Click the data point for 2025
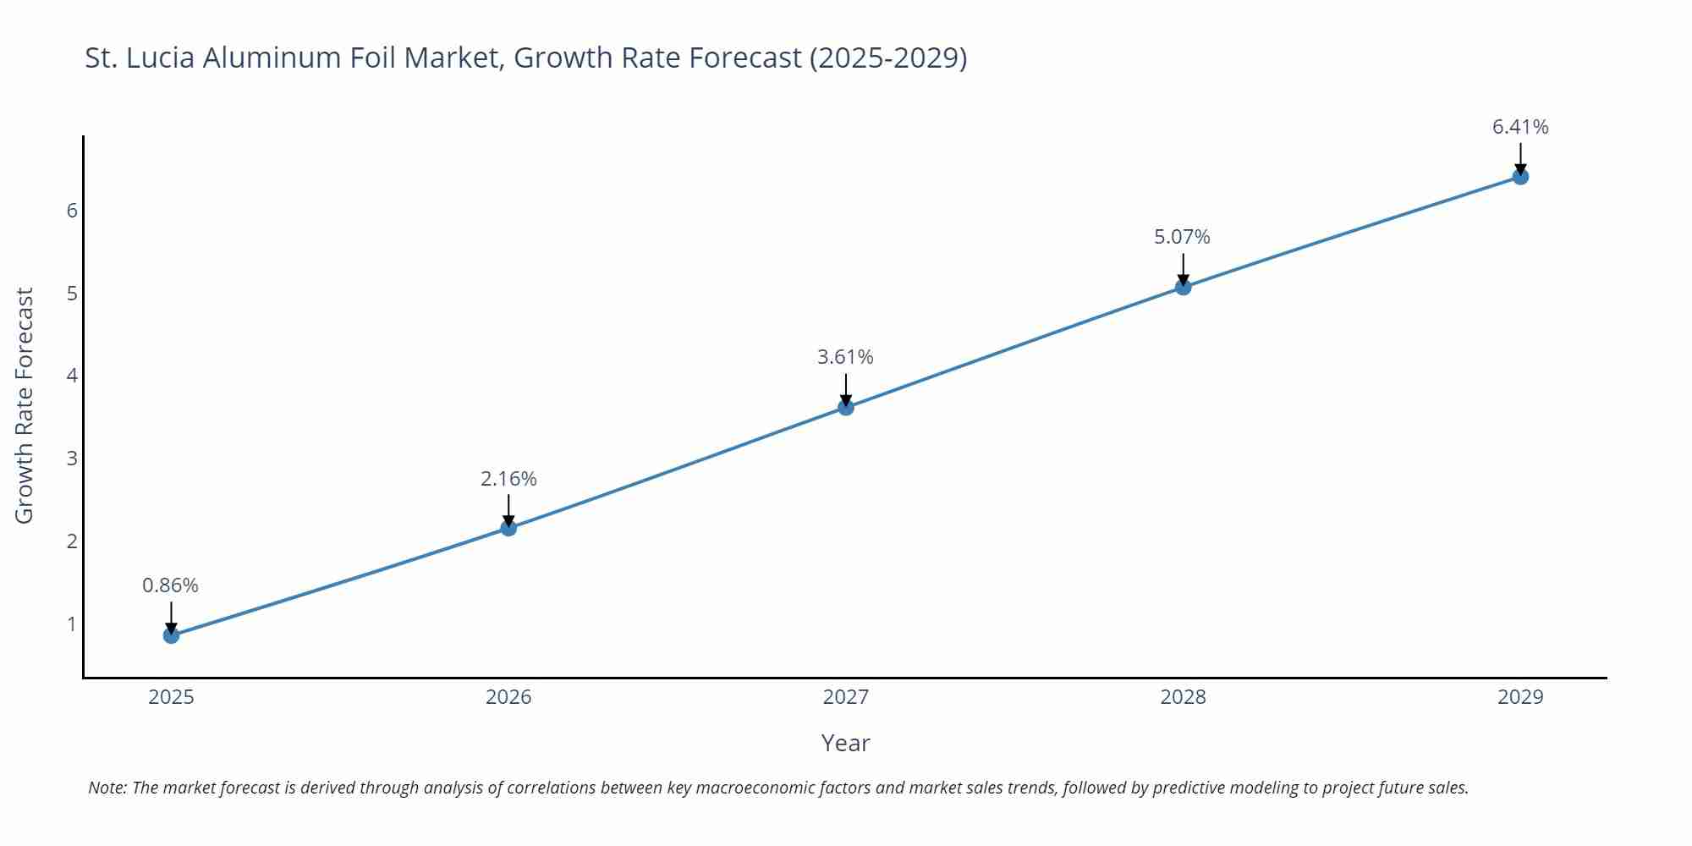[171, 635]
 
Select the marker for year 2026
[508, 528]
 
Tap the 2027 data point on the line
[846, 408]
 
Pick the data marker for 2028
[1183, 288]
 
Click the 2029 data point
[1520, 177]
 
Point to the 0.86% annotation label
[170, 585]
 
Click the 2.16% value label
[508, 479]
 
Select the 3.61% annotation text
[845, 357]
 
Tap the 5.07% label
[1182, 237]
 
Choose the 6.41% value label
[1520, 127]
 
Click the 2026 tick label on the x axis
[508, 697]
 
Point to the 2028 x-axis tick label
[1183, 697]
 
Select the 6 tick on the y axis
[72, 211]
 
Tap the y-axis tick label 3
[72, 459]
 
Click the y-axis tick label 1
[72, 624]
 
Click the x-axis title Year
[845, 743]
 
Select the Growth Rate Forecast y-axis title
[25, 405]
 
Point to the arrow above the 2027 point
[846, 389]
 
